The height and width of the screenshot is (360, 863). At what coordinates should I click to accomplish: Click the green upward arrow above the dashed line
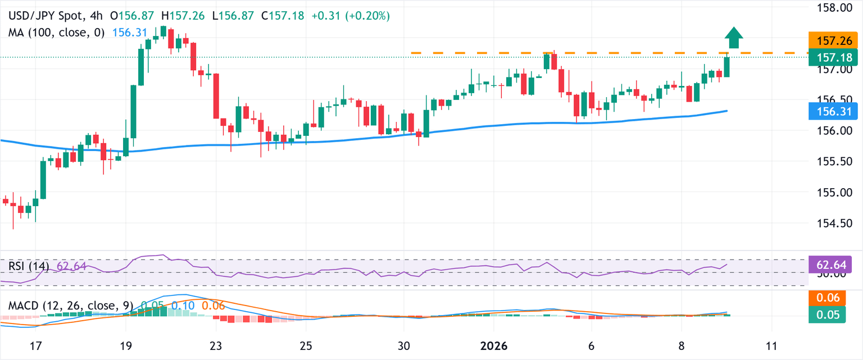[x=733, y=38]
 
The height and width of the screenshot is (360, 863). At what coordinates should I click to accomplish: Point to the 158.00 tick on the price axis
[x=833, y=8]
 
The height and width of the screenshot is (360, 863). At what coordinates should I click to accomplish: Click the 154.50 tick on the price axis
[x=833, y=224]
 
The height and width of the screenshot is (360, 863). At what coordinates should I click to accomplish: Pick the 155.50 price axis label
[x=833, y=162]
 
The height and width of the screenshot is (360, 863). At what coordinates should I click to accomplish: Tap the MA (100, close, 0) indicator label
[x=56, y=33]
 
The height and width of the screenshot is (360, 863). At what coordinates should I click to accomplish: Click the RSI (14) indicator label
[x=29, y=266]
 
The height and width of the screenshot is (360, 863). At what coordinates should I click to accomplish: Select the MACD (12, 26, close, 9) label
[x=71, y=306]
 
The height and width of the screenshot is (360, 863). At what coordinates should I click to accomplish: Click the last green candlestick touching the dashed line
[x=726, y=67]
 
